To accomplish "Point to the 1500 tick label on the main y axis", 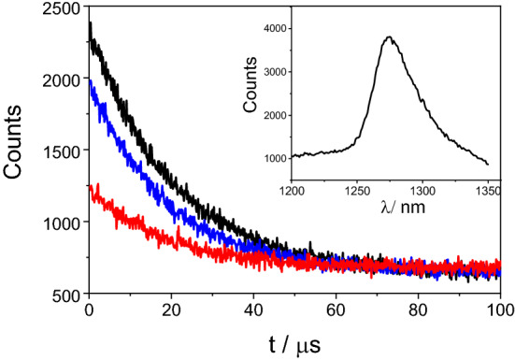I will coord(60,151).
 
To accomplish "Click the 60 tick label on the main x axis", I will coord(336,309).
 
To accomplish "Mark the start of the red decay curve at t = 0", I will coord(90,188).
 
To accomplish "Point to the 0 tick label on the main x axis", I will coord(89,309).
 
